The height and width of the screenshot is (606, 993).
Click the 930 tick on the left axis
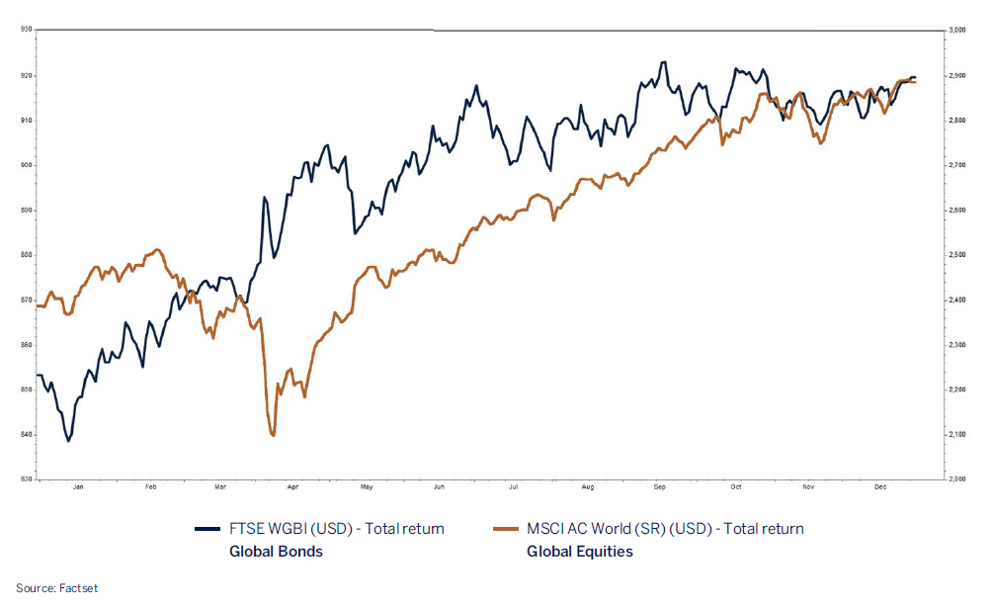[26, 30]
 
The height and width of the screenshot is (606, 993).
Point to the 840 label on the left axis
[26, 435]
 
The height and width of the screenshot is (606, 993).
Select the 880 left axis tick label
[26, 255]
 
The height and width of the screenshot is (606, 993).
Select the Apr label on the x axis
[293, 487]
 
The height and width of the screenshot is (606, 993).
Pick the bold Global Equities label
[580, 552]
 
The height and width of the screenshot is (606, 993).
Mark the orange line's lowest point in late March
[272, 435]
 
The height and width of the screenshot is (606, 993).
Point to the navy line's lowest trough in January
[68, 441]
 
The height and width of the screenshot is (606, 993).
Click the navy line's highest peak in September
[663, 62]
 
